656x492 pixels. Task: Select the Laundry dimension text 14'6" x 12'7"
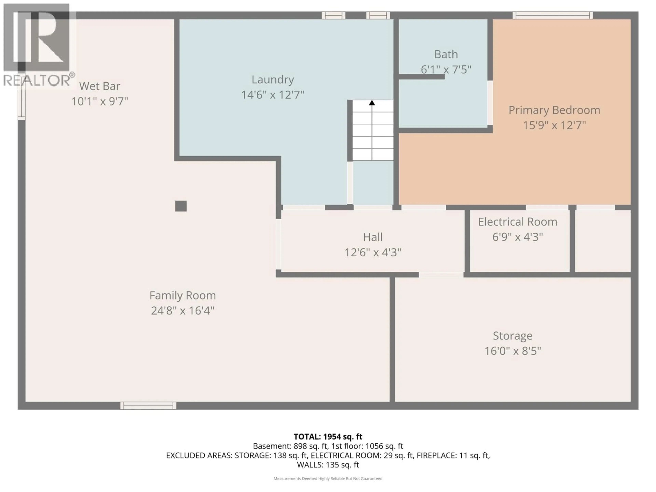pyautogui.click(x=272, y=95)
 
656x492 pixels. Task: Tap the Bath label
pyautogui.click(x=446, y=54)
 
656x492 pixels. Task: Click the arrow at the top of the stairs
pyautogui.click(x=372, y=103)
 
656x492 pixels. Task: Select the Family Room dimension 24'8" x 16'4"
pyautogui.click(x=182, y=311)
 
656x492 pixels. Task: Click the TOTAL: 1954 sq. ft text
pyautogui.click(x=328, y=436)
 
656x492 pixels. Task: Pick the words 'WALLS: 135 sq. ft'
pyautogui.click(x=328, y=465)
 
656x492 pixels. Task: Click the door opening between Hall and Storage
pyautogui.click(x=441, y=275)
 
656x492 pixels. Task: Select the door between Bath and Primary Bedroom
pyautogui.click(x=490, y=103)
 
